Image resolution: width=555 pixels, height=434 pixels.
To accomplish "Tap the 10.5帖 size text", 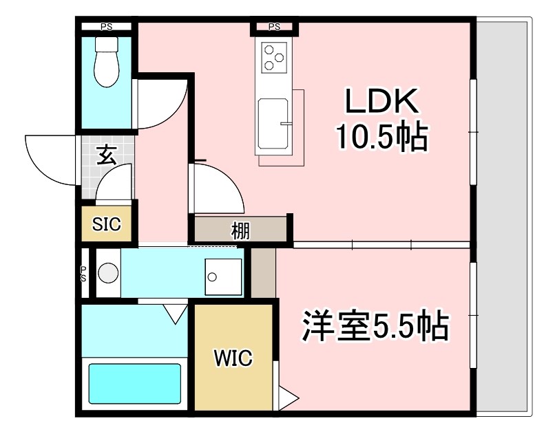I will click(382, 137).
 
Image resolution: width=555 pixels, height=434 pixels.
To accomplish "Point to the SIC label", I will click(107, 224).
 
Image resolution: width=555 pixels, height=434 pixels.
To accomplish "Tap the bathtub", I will click(135, 384).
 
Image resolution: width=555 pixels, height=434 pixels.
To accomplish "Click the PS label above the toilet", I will click(106, 28).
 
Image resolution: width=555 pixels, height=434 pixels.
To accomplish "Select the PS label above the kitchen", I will click(274, 28).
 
